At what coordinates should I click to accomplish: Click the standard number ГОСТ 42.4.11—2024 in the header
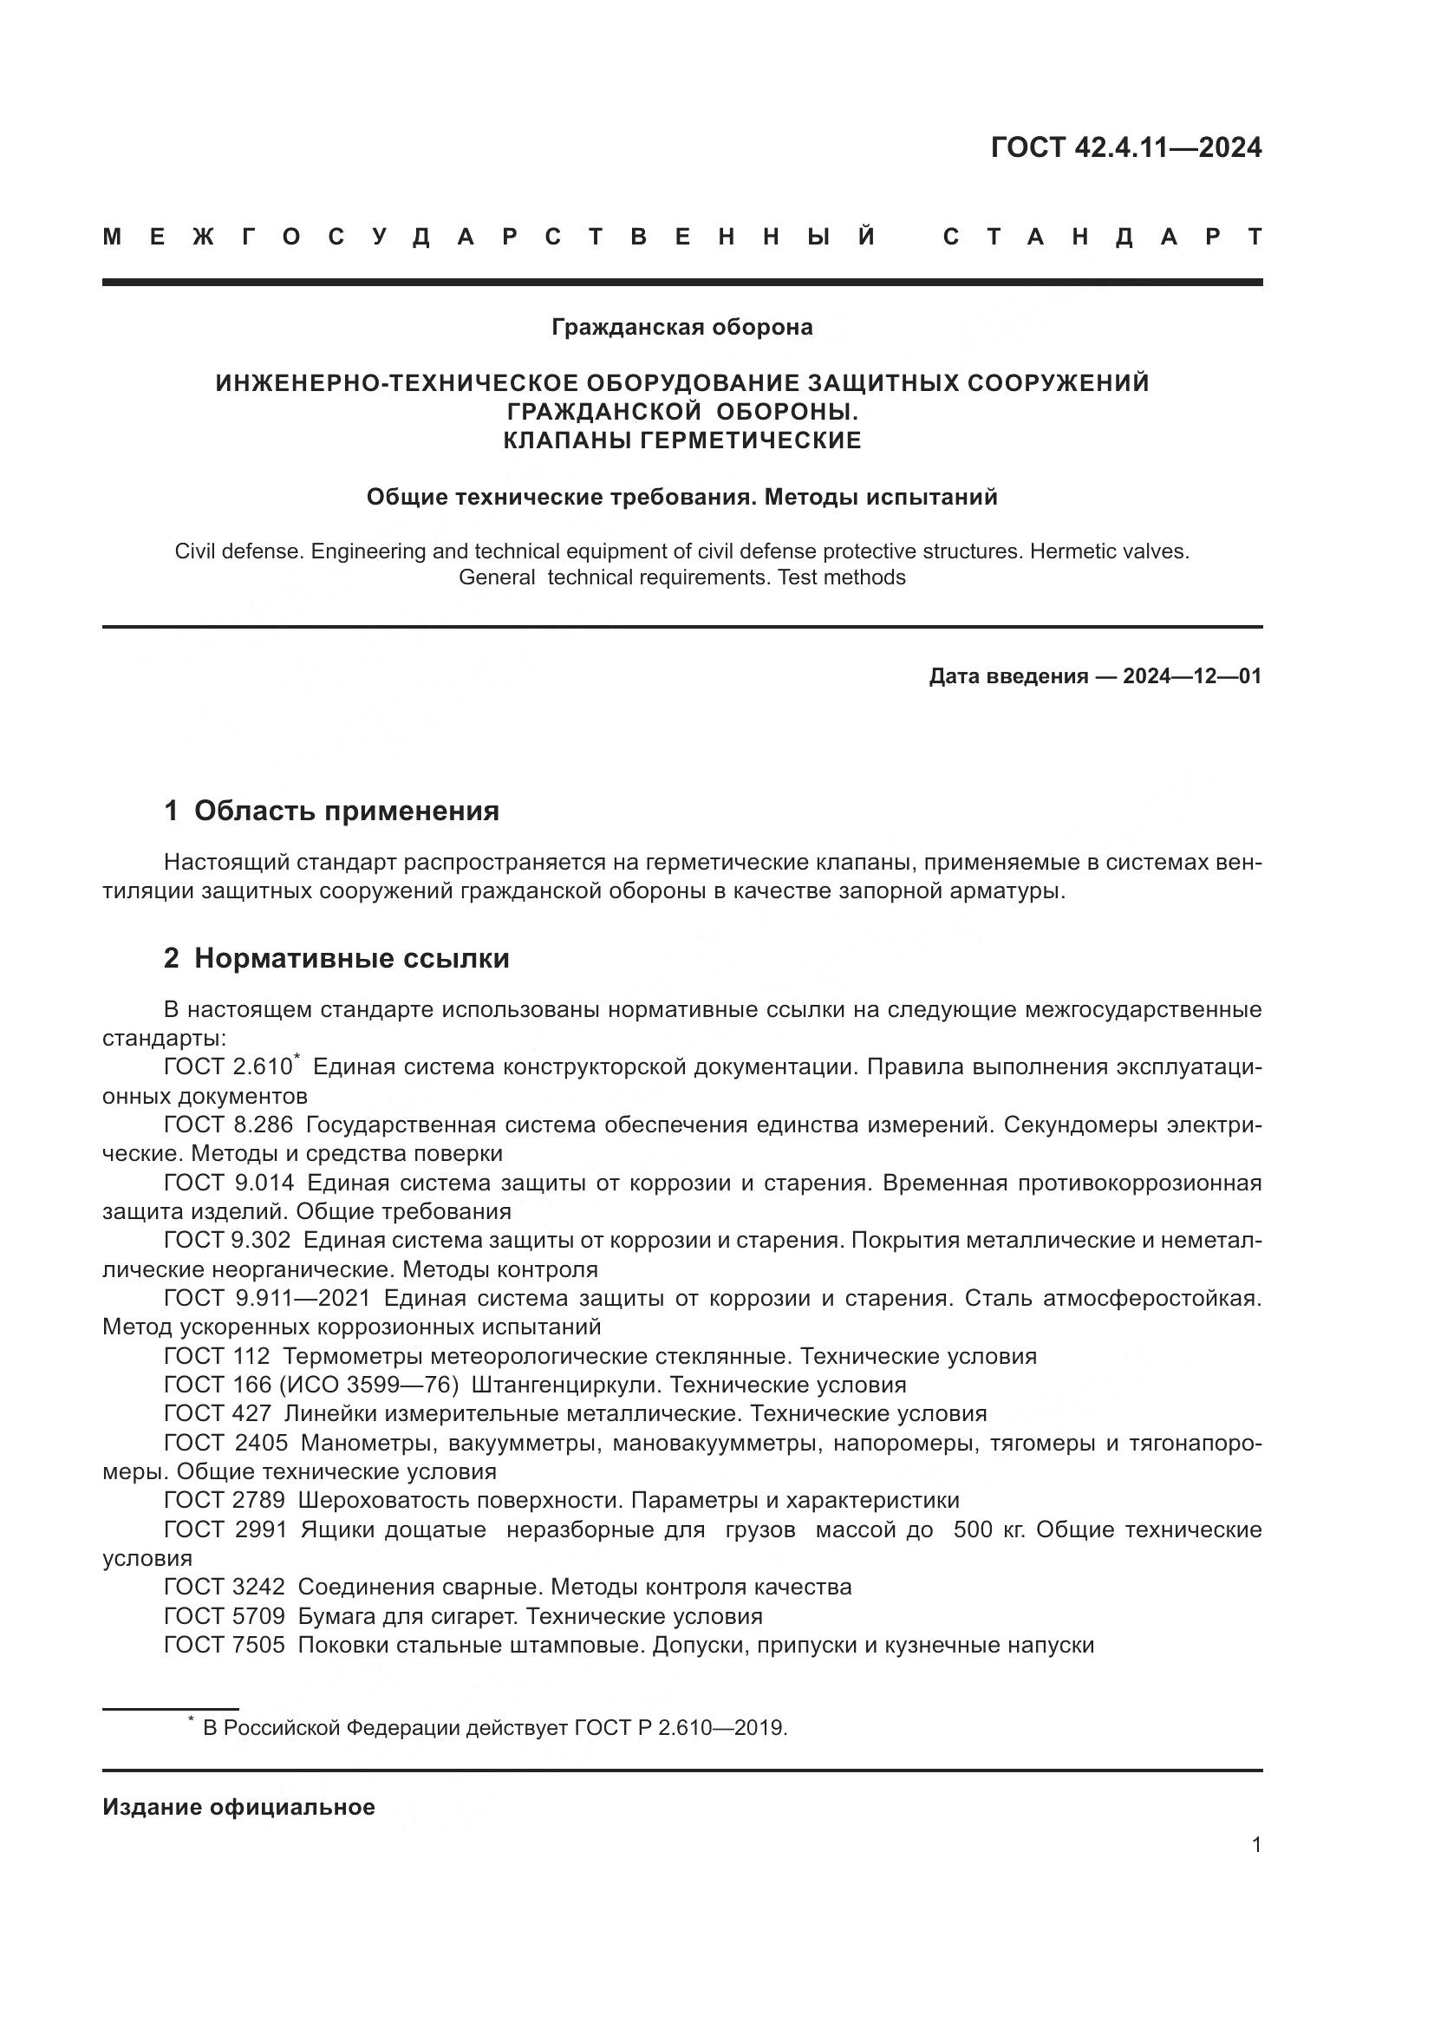coord(1126,147)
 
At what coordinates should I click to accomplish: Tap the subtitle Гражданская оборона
coord(681,328)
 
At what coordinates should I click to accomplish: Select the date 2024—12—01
coord(1192,676)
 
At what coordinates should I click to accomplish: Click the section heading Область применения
coord(346,811)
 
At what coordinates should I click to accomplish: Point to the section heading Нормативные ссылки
coord(351,958)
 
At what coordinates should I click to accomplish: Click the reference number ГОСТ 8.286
coord(229,1125)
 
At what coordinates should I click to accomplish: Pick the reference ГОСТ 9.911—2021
coord(267,1299)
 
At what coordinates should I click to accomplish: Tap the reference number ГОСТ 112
coord(217,1356)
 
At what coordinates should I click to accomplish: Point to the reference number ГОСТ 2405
coord(226,1444)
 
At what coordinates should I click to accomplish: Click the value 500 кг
coord(989,1529)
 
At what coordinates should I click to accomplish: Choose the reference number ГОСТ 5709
coord(225,1616)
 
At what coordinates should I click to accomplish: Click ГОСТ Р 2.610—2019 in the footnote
coord(679,1728)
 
